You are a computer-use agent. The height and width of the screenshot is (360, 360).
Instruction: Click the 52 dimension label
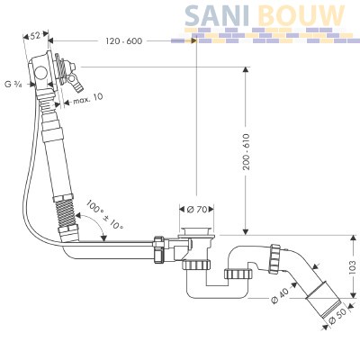[35, 36]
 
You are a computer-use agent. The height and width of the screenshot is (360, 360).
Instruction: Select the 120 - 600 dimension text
[124, 40]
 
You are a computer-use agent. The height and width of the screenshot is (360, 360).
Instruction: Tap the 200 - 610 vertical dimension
[247, 152]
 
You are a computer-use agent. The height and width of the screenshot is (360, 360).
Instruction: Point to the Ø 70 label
[197, 210]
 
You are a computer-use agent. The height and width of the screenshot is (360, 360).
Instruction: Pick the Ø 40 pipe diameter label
[280, 295]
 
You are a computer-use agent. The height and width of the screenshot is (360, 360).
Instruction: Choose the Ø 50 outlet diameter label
[337, 316]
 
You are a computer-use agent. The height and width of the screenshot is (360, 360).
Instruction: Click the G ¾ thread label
[13, 85]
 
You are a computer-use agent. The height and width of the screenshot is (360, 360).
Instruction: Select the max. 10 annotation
[87, 98]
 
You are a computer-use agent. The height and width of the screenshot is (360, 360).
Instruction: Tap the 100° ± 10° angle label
[104, 215]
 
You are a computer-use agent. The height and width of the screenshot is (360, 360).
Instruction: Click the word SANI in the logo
[217, 15]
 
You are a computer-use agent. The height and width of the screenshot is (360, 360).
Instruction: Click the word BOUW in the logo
[301, 15]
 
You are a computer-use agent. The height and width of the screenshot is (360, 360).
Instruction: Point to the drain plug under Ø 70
[196, 232]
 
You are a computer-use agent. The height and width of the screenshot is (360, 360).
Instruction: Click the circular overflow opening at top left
[40, 73]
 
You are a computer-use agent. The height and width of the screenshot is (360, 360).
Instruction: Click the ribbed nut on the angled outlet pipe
[274, 258]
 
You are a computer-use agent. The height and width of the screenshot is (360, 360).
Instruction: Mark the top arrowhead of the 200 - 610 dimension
[246, 70]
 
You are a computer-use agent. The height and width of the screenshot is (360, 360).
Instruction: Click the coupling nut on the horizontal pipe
[158, 249]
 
